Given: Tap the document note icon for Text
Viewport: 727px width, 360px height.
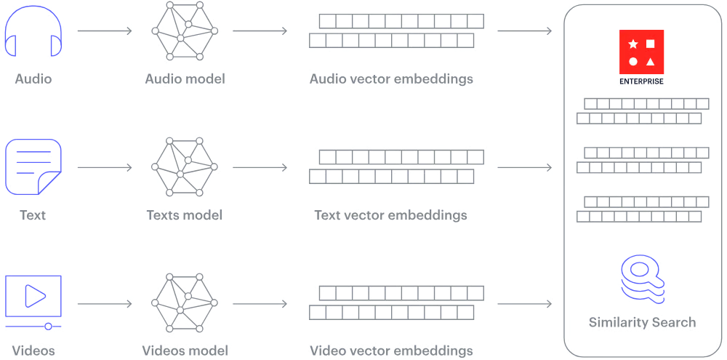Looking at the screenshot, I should pos(32,167).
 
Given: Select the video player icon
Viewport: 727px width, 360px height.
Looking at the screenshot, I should pos(32,297).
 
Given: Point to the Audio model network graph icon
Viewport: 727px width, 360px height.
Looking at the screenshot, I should pos(185,32).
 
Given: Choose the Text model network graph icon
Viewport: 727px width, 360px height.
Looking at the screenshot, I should pos(185,167).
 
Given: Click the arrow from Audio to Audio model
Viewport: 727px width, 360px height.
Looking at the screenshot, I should pos(105,31).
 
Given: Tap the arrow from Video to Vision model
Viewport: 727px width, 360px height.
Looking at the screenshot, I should pos(105,300).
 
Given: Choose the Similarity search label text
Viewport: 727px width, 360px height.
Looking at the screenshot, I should pos(643,321).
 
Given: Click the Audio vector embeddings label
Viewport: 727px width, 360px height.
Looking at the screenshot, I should pos(393,79).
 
